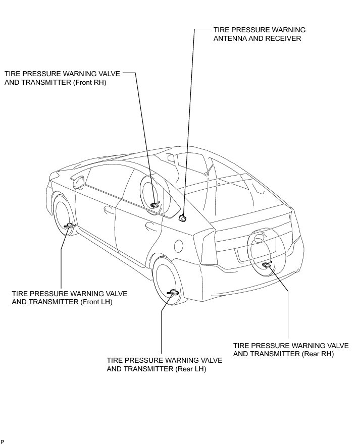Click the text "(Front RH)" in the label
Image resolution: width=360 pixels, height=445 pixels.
(89, 82)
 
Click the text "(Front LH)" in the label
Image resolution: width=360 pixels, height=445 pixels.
(96, 302)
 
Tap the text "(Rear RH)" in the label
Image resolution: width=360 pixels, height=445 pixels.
(318, 354)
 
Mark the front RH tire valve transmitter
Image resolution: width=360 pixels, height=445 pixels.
(156, 204)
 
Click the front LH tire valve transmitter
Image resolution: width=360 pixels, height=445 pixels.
(68, 225)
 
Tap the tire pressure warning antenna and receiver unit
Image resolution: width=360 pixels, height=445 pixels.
(183, 217)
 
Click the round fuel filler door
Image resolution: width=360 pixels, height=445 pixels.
(178, 246)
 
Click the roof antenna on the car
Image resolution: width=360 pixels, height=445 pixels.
(207, 173)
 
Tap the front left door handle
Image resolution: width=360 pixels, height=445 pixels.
(108, 208)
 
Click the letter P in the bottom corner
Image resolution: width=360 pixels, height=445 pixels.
(3, 442)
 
